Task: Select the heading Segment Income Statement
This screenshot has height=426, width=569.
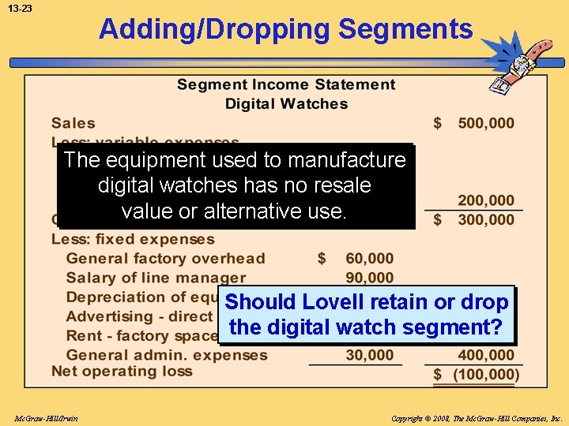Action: click(286, 84)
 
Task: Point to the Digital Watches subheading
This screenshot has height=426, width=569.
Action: click(286, 103)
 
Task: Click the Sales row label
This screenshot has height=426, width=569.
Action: click(73, 123)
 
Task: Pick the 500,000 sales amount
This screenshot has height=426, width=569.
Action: click(485, 123)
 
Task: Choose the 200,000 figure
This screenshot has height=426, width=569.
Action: click(485, 201)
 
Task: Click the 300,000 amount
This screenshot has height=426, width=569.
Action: click(485, 220)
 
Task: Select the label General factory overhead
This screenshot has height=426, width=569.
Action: click(165, 259)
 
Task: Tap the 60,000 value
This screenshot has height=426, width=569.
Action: click(369, 259)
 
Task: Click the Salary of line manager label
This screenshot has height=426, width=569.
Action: click(156, 278)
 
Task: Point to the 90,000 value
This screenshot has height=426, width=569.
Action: click(369, 278)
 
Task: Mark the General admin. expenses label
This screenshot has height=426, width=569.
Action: click(167, 355)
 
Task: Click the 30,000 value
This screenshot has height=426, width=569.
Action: click(369, 355)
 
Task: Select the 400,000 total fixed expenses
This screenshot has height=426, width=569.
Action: click(485, 355)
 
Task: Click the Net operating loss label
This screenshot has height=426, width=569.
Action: click(122, 371)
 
